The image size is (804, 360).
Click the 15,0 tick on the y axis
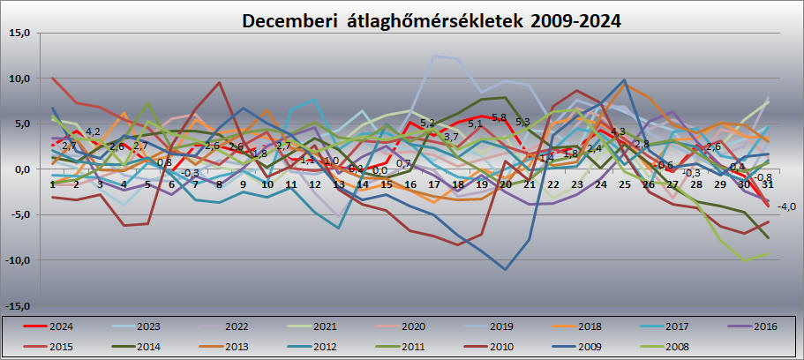[x=19, y=34]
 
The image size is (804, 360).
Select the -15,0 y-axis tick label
[x=17, y=305]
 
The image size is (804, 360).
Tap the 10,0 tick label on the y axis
[x=19, y=79]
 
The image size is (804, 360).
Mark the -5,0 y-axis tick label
[x=19, y=214]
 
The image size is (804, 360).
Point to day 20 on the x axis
[x=505, y=184]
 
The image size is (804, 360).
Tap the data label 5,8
[x=499, y=117]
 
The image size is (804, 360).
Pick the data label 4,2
[x=93, y=132]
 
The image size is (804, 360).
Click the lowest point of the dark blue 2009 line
[x=506, y=269]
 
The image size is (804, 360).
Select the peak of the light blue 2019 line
[x=434, y=56]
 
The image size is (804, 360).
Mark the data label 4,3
[x=618, y=131]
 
